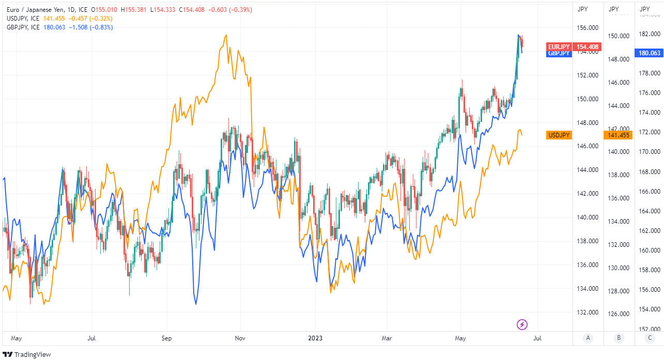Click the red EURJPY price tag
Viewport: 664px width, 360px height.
[x=559, y=47]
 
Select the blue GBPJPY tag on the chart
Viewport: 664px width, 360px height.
[x=559, y=53]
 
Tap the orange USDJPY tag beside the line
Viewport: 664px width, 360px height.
[x=559, y=135]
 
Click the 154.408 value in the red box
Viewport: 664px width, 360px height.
[x=588, y=47]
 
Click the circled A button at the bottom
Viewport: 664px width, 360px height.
[x=588, y=338]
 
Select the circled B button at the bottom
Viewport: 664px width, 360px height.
[x=619, y=338]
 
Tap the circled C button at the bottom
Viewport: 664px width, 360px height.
[x=650, y=338]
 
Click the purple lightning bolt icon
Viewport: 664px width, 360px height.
[x=522, y=324]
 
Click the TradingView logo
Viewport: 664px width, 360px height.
[x=23, y=354]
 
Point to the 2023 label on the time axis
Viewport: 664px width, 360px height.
[x=315, y=338]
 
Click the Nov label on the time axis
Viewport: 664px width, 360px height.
[x=240, y=338]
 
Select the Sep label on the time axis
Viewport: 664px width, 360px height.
[x=166, y=338]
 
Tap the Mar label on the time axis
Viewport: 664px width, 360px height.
[x=387, y=338]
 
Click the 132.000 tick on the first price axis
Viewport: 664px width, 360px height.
[x=588, y=312]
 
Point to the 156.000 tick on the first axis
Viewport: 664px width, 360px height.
[x=588, y=28]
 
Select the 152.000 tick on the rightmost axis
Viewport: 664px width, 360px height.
[x=650, y=329]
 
